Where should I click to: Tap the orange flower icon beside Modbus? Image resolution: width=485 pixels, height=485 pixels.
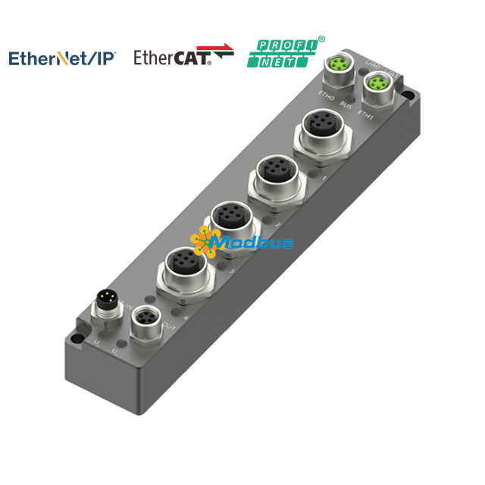[x=205, y=241]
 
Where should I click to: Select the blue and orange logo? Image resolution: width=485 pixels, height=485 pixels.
[x=62, y=57]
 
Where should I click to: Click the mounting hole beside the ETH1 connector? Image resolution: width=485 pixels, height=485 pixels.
[x=408, y=97]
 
